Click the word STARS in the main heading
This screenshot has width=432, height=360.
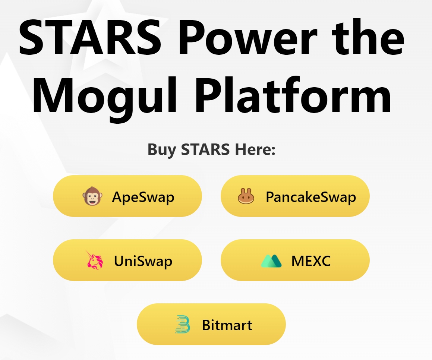(90, 37)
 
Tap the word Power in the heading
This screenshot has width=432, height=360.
(248, 37)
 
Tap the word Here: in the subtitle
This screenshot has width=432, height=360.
(255, 149)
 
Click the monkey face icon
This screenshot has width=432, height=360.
(92, 196)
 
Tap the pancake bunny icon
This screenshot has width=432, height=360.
(246, 196)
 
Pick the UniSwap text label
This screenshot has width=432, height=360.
(143, 261)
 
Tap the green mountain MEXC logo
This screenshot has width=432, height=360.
(271, 261)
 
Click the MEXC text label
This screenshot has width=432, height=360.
(311, 261)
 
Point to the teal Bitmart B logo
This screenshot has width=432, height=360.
(182, 324)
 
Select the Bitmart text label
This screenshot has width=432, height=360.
(227, 325)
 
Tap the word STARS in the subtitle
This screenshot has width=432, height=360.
(205, 149)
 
